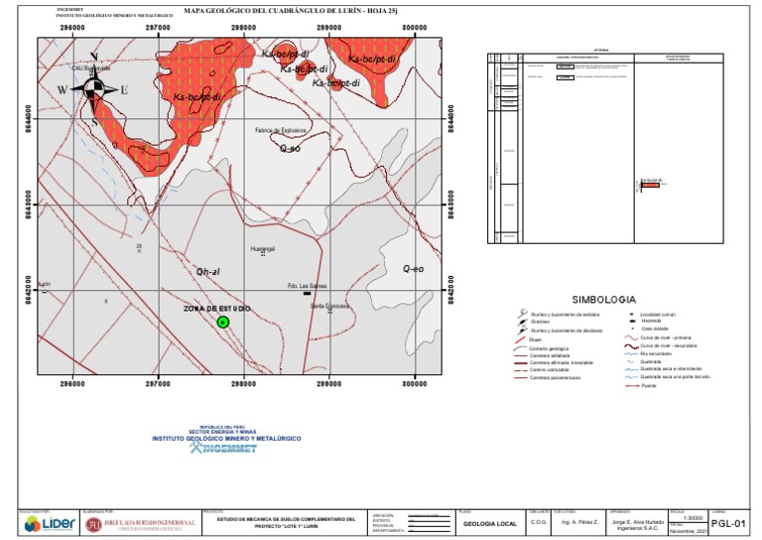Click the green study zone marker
pyautogui.click(x=223, y=322)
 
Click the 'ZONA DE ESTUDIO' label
pyautogui.click(x=216, y=309)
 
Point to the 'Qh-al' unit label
pyautogui.click(x=208, y=270)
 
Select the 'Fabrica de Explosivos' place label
pyautogui.click(x=283, y=130)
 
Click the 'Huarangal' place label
pyautogui.click(x=262, y=246)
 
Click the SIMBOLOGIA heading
pyautogui.click(x=603, y=299)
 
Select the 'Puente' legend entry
pyautogui.click(x=649, y=385)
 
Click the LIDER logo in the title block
pyautogui.click(x=47, y=523)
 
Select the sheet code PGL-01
pyautogui.click(x=729, y=524)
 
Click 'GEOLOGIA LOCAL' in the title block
pyautogui.click(x=490, y=523)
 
